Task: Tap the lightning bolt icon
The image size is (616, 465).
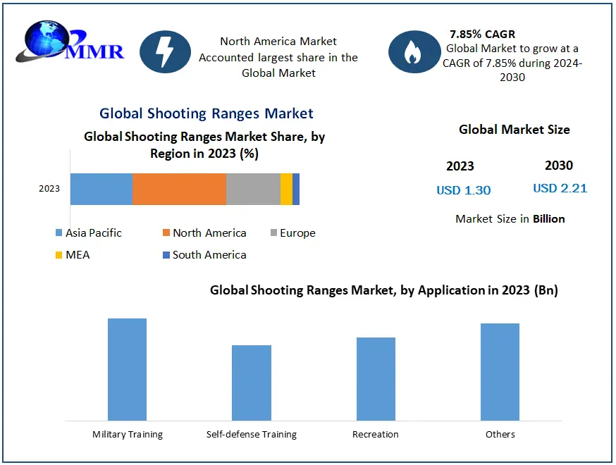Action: [166, 51]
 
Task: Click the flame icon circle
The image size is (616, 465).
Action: [414, 51]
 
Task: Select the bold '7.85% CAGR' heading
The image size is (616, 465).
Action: [482, 34]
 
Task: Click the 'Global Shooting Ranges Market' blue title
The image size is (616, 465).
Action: [207, 113]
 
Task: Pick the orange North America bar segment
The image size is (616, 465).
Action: [179, 189]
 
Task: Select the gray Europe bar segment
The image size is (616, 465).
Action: [253, 189]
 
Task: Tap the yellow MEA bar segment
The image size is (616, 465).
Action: [286, 189]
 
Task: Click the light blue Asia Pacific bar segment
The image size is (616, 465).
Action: [101, 189]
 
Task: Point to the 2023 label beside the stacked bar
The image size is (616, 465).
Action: [49, 189]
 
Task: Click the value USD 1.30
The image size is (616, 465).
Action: [463, 190]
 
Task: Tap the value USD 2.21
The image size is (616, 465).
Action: [560, 188]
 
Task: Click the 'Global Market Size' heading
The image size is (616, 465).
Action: [514, 130]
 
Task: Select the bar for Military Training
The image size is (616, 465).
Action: [127, 370]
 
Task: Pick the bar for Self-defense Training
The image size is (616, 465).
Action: [252, 383]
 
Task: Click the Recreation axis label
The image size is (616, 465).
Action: [376, 435]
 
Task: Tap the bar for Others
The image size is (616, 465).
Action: [500, 372]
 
